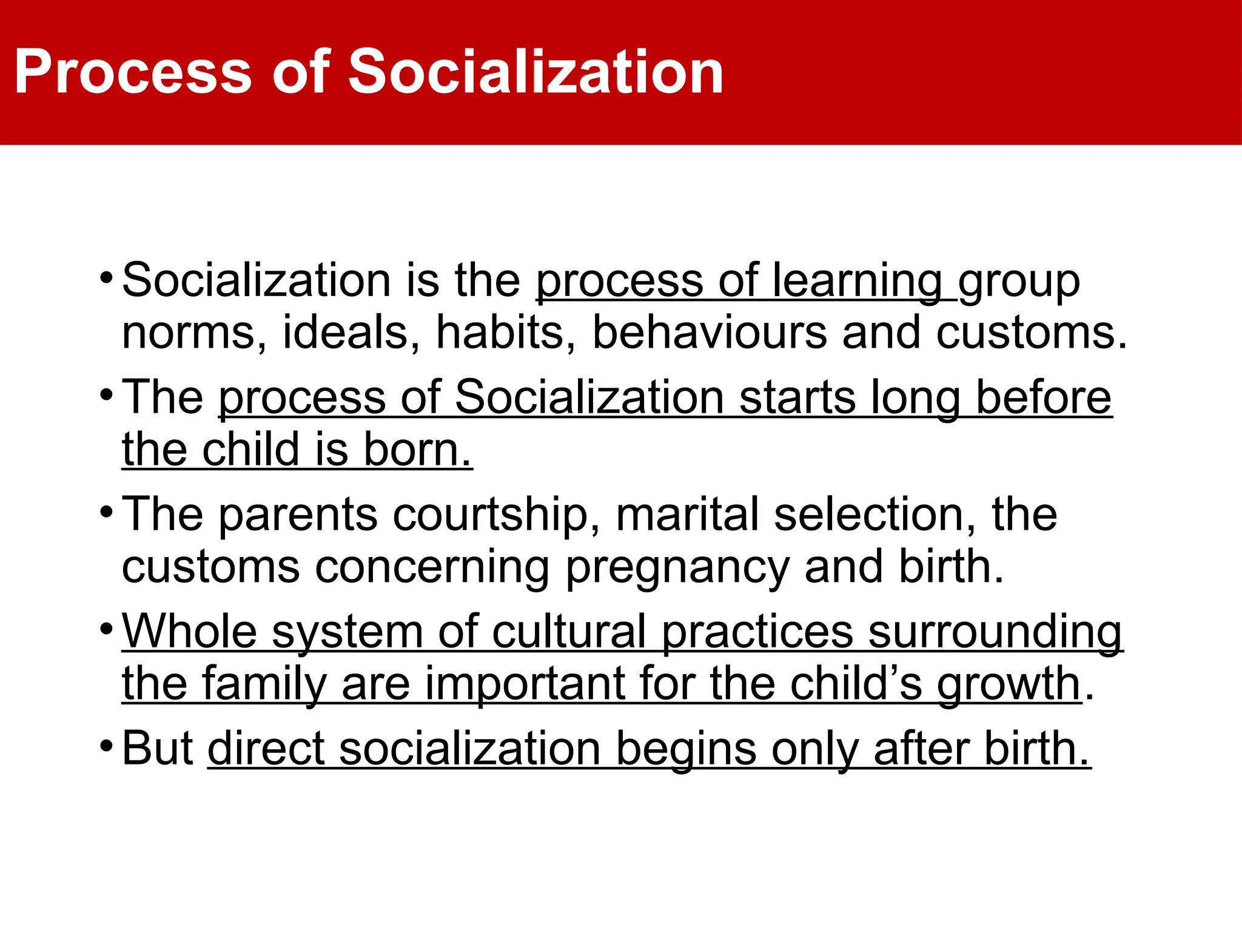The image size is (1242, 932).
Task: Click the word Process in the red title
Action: pos(133,73)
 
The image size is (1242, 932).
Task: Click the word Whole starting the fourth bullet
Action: pos(190,632)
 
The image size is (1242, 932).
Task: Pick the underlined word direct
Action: pos(266,749)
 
